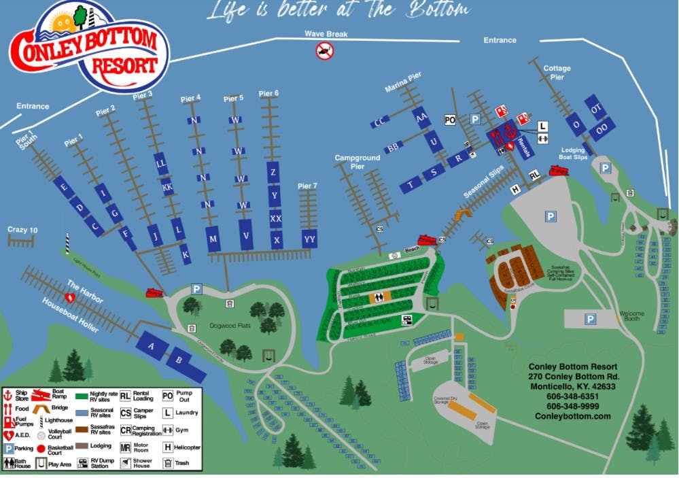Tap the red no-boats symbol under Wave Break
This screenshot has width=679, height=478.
click(324, 50)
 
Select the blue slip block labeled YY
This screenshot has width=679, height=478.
click(310, 239)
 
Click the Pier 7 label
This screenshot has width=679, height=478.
click(307, 186)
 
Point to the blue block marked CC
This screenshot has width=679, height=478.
click(379, 123)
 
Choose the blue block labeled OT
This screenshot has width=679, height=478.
click(596, 109)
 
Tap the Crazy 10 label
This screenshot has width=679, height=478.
click(22, 230)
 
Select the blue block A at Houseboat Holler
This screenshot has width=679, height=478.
click(152, 346)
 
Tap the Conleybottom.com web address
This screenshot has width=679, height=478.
click(573, 416)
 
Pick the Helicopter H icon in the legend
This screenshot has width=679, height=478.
click(167, 447)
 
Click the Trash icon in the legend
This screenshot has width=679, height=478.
click(167, 464)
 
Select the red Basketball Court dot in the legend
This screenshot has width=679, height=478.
click(41, 449)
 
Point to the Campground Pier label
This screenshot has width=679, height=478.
click(358, 162)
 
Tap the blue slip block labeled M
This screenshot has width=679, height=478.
click(213, 239)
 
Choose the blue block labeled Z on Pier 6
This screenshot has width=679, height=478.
click(273, 172)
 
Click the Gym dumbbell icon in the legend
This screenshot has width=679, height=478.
click(167, 430)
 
